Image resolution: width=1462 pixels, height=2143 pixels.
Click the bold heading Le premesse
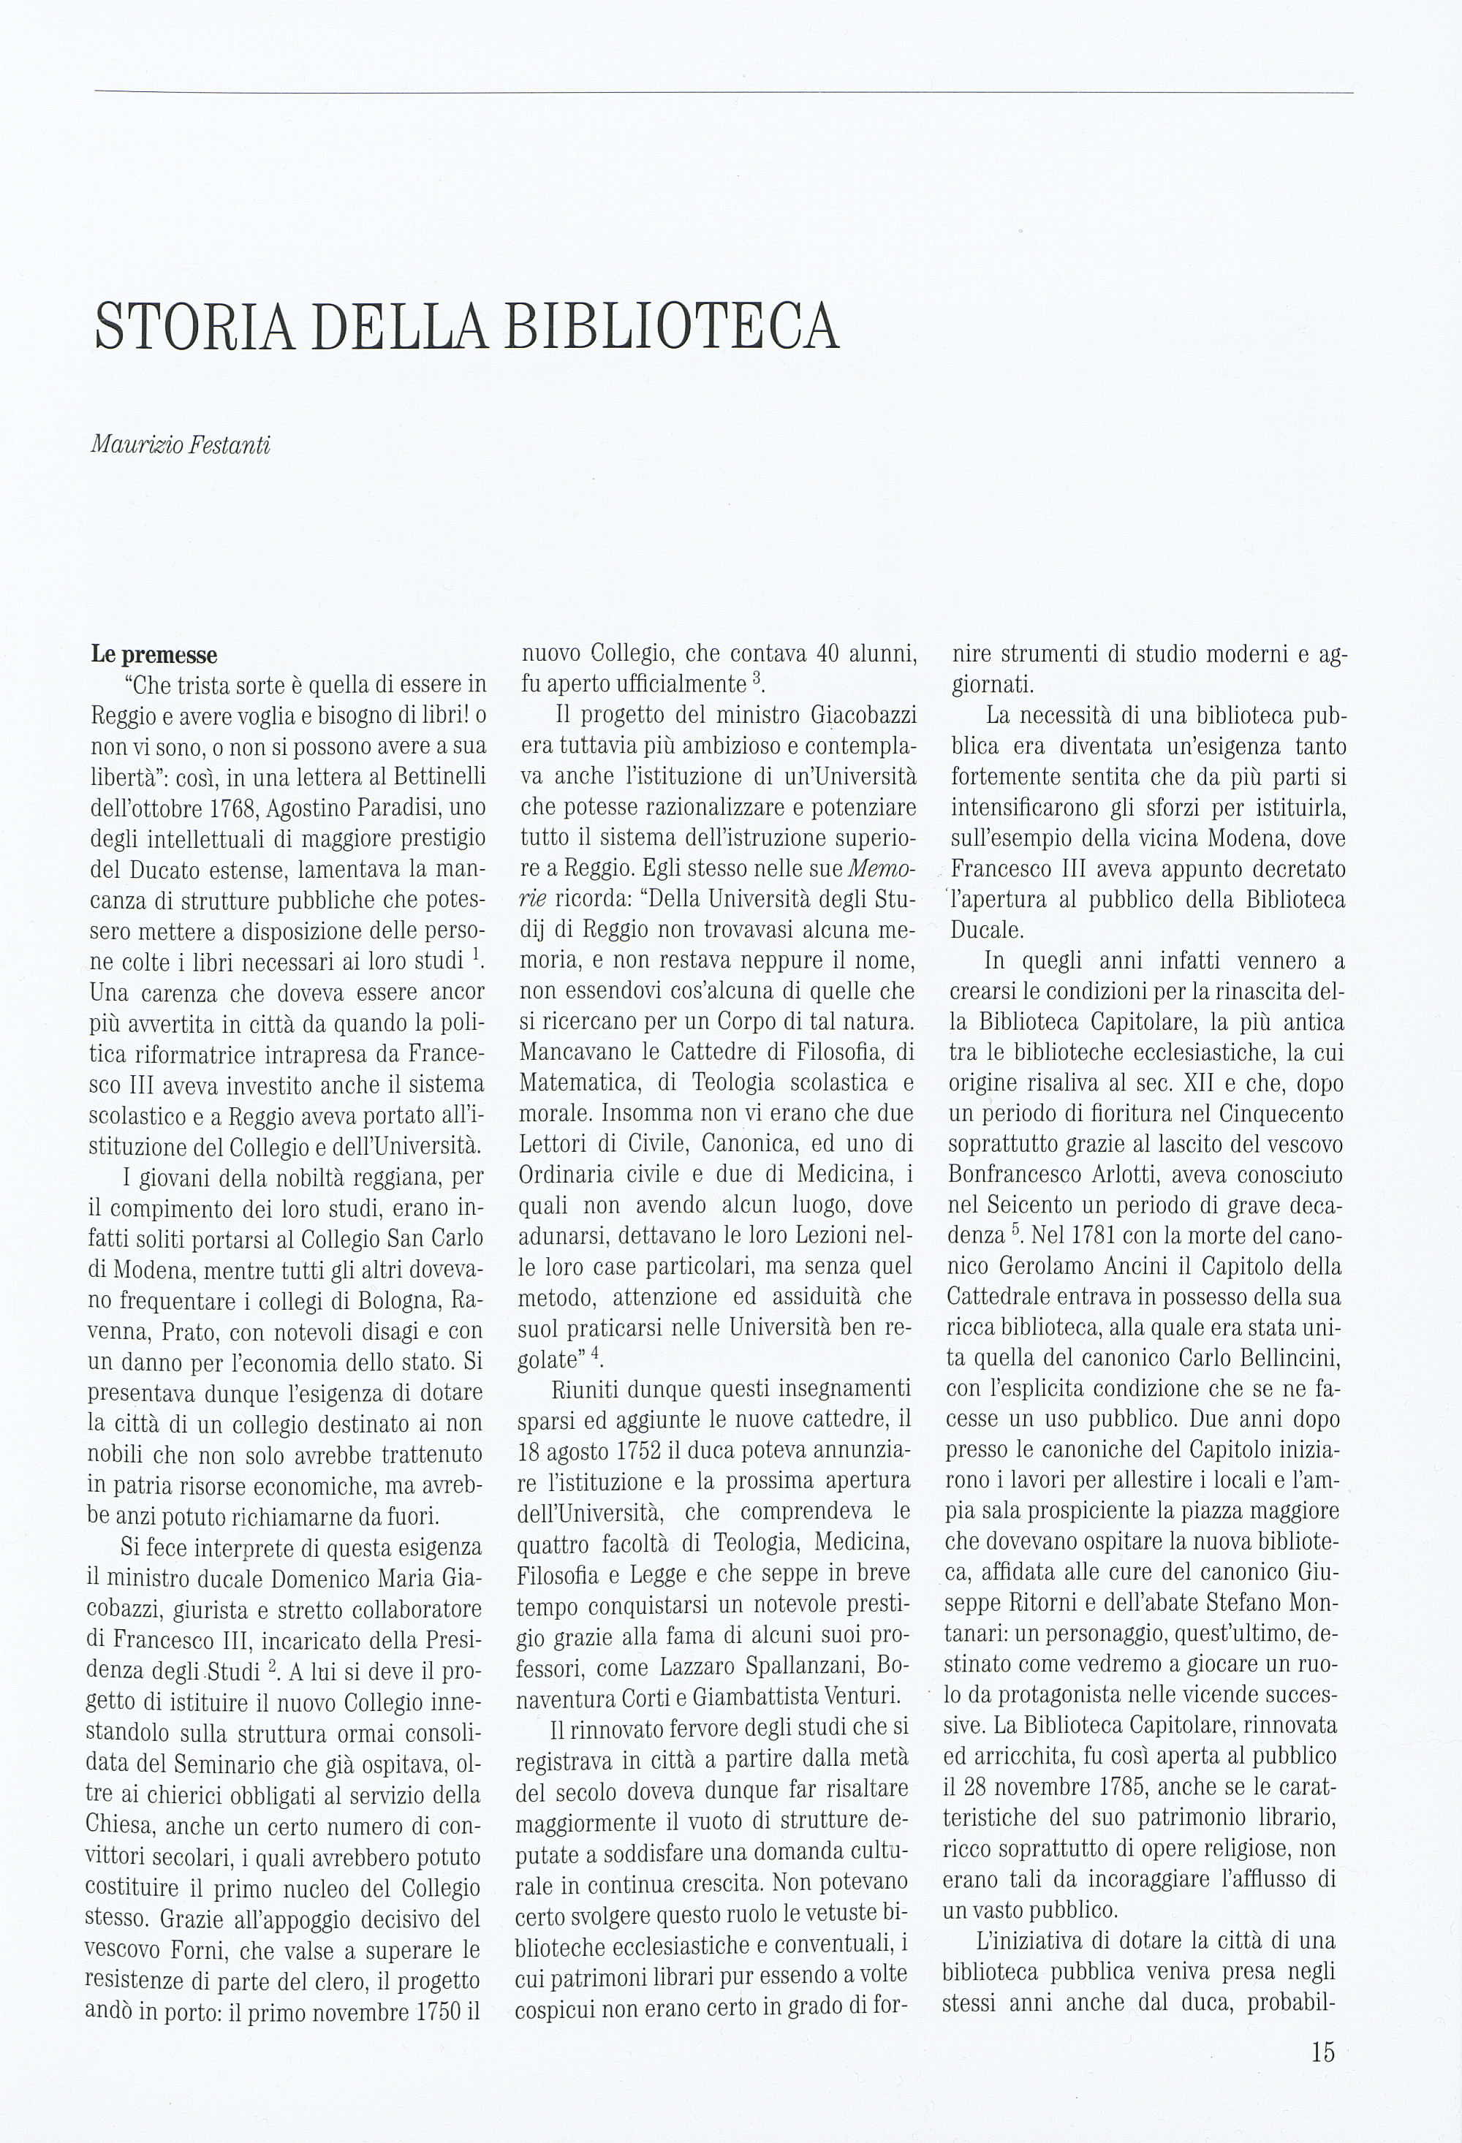click(x=154, y=656)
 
